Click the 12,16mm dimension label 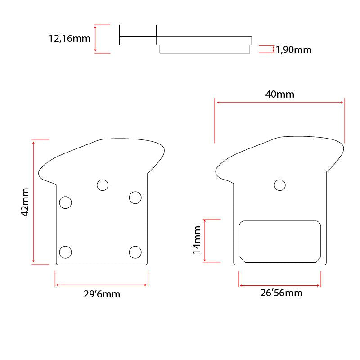click(x=69, y=39)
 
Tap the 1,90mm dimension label click(x=293, y=49)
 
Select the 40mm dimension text click(x=280, y=94)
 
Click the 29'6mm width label click(x=102, y=295)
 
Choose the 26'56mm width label click(x=282, y=293)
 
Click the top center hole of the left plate click(x=103, y=185)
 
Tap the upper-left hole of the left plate click(x=66, y=202)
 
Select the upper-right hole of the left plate click(x=135, y=198)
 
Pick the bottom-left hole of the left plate click(x=66, y=252)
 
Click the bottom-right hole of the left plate click(x=135, y=252)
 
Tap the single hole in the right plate click(x=280, y=185)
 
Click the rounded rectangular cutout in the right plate click(x=280, y=241)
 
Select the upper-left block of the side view click(x=138, y=31)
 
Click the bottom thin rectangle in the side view click(x=205, y=49)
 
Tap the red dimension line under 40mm click(x=280, y=103)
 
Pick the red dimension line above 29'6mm click(x=102, y=284)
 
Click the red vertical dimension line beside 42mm click(x=34, y=202)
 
